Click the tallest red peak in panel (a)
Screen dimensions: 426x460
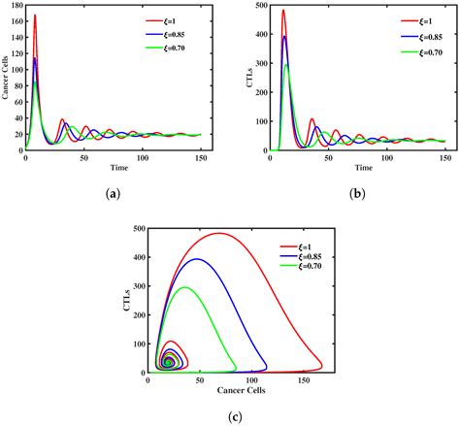pyautogui.click(x=35, y=16)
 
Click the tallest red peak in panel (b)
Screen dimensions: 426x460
pyautogui.click(x=256, y=12)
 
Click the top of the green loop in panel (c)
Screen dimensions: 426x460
pyautogui.click(x=184, y=287)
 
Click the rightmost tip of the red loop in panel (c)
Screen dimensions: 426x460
pyautogui.click(x=322, y=366)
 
